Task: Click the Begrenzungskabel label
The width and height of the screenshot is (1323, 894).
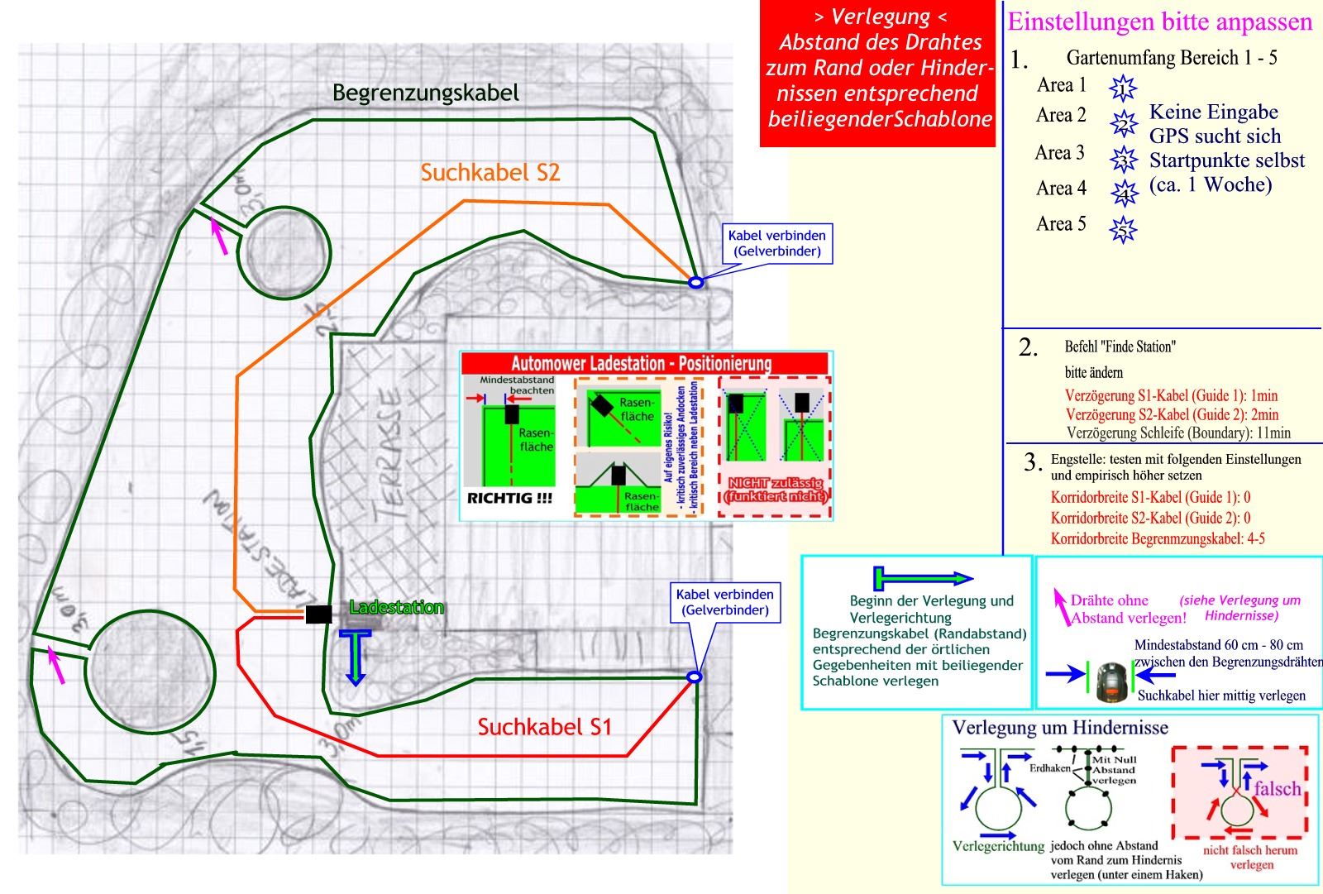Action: (x=425, y=93)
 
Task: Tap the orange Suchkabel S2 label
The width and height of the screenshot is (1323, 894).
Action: (x=490, y=172)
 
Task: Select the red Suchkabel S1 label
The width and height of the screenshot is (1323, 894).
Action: (x=544, y=727)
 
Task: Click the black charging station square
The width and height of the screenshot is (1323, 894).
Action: (x=318, y=614)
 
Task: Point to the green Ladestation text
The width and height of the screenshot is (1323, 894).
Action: (x=396, y=608)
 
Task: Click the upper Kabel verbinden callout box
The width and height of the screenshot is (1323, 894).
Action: (x=776, y=243)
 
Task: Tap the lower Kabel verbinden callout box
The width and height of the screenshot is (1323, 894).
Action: (x=724, y=602)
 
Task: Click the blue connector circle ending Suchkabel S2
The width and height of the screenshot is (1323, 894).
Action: (x=696, y=283)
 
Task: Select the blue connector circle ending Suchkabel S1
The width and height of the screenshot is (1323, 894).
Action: (x=695, y=677)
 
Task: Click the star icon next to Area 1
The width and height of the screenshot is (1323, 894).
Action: (x=1123, y=87)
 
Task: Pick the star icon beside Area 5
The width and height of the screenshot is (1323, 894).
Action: (x=1123, y=229)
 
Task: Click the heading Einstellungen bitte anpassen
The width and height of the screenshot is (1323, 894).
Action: (x=1159, y=22)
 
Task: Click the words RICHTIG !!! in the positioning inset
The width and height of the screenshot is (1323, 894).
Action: (x=509, y=499)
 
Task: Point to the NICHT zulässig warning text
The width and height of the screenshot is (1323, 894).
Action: (x=775, y=490)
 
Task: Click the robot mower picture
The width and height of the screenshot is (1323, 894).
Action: (x=1111, y=680)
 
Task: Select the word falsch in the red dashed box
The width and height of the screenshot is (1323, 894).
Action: (x=1277, y=788)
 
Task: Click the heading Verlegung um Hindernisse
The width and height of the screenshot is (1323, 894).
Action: (x=1060, y=728)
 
